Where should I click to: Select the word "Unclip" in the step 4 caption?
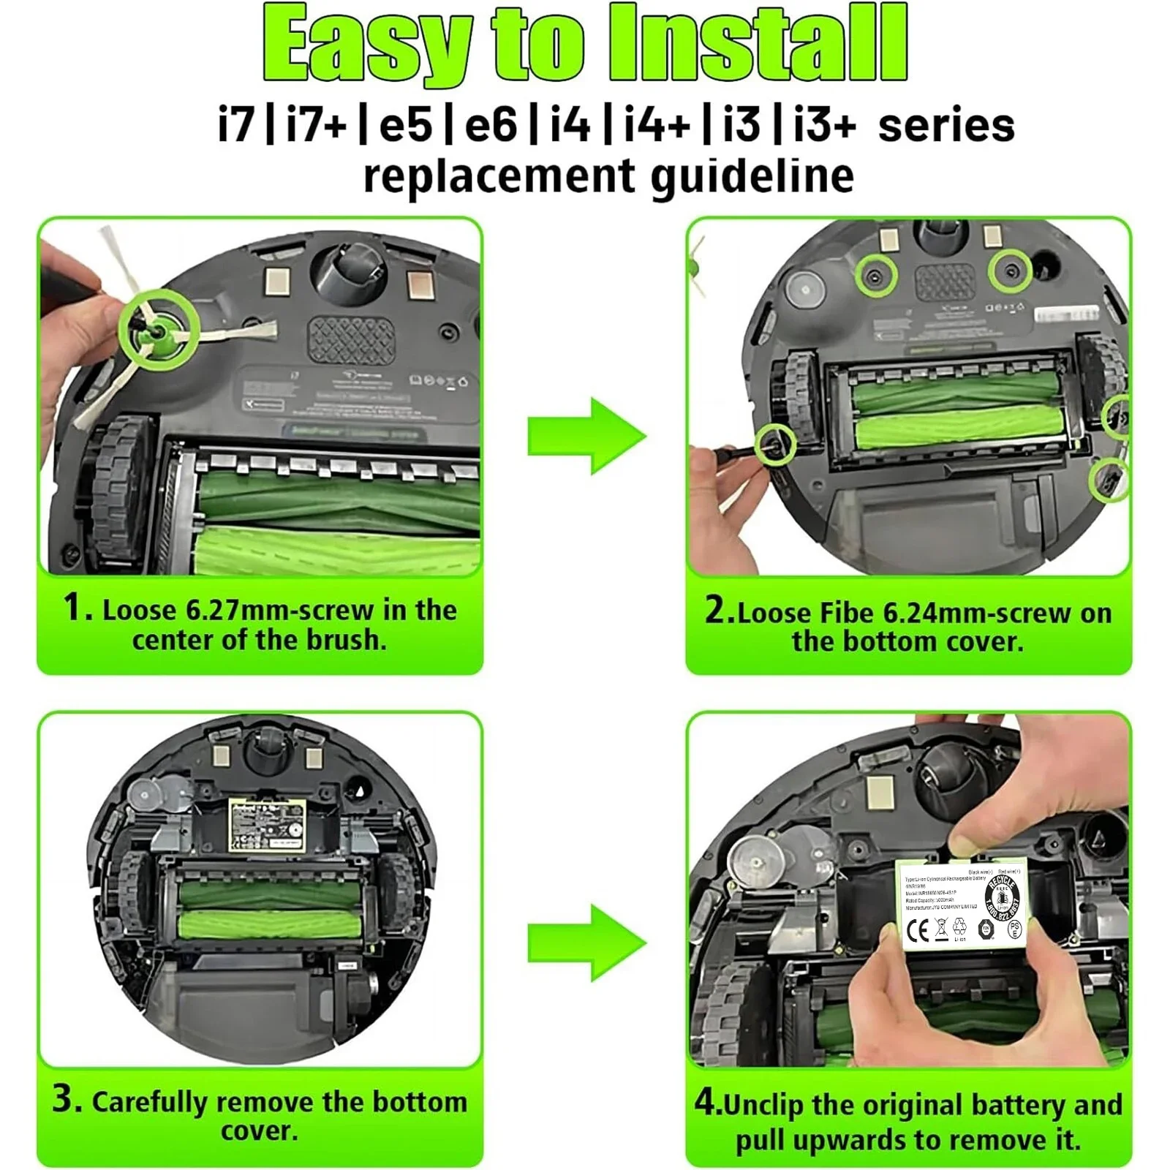point(765,1105)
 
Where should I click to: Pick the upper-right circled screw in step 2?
point(1011,271)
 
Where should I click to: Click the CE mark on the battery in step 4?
point(918,930)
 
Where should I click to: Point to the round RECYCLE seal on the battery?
point(1002,897)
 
